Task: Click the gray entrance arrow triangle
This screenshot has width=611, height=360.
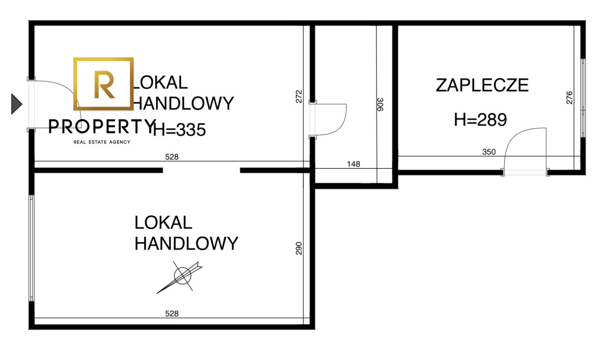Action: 16,104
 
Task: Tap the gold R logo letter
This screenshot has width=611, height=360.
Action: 104,85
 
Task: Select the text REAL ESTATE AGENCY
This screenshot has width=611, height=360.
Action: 102,142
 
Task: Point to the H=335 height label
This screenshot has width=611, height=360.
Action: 179,129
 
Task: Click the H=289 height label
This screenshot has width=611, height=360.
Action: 480,120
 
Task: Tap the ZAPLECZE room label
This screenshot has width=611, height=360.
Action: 482,86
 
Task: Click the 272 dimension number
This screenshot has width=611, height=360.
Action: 299,97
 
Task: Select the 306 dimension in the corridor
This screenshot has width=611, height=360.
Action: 380,104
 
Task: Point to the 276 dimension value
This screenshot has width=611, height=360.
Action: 570,98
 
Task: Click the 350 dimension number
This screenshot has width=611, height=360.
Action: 489,152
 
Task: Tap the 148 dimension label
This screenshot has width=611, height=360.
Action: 353,164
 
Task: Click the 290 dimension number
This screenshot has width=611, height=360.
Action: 299,248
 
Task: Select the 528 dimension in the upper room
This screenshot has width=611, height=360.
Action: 172,157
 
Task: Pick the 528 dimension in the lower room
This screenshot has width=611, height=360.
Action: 172,314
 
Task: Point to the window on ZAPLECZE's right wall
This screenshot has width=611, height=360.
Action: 583,98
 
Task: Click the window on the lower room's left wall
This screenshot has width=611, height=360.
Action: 32,248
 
